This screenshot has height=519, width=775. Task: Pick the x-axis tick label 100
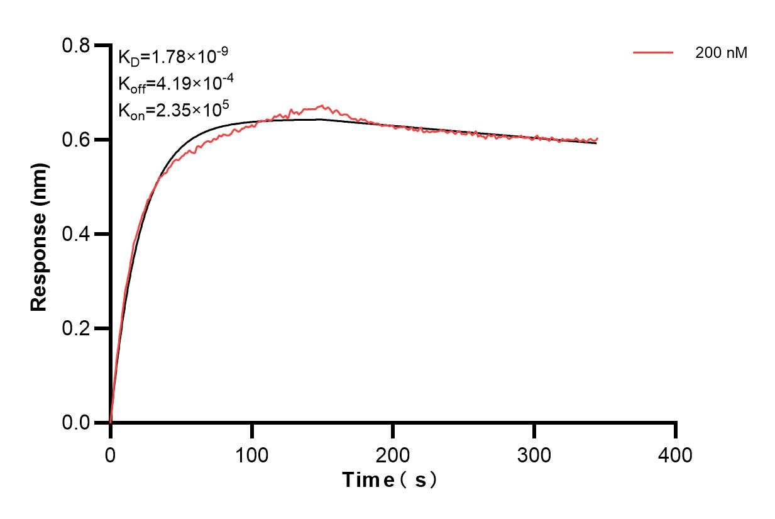click(251, 454)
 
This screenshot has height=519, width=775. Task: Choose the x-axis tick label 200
click(393, 454)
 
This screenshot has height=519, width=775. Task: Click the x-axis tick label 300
click(534, 454)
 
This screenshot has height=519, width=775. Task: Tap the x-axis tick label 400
click(676, 454)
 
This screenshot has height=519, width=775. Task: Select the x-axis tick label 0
click(111, 454)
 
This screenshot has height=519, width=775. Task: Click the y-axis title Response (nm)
click(39, 234)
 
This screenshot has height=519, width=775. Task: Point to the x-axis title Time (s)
click(390, 481)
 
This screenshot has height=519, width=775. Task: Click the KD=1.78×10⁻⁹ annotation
click(173, 57)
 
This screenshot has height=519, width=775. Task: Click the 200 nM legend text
click(721, 53)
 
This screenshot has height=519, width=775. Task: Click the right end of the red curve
click(597, 138)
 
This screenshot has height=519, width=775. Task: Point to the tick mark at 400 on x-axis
click(676, 431)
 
